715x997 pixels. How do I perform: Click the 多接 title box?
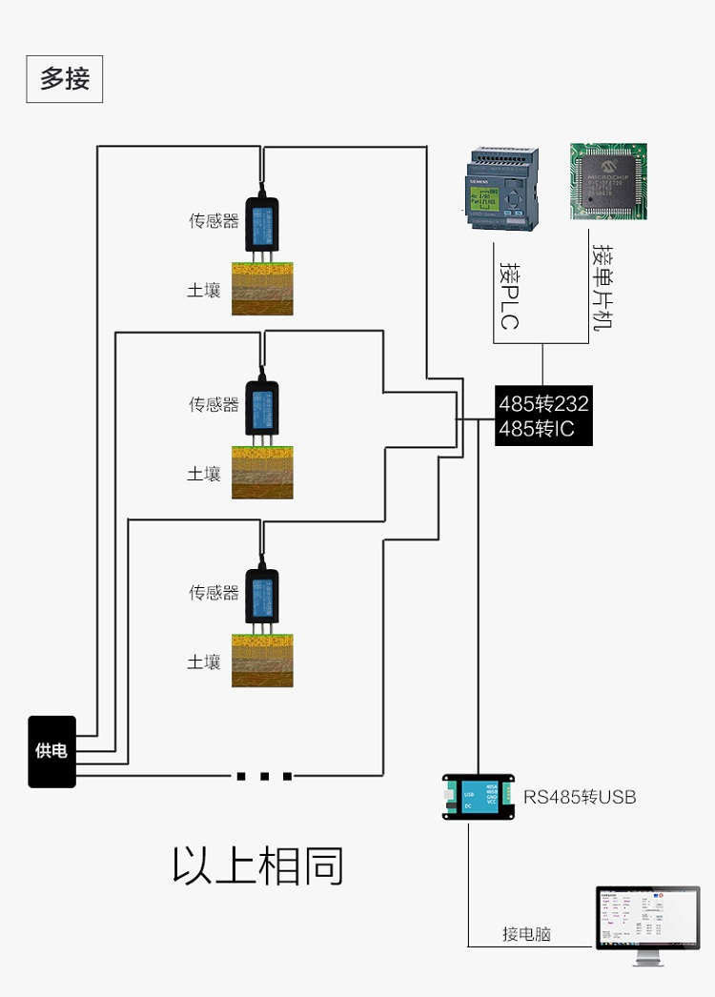click(64, 79)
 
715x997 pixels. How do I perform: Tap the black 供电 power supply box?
click(51, 751)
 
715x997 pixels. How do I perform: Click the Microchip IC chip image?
click(608, 181)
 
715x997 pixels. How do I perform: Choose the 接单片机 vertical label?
click(602, 286)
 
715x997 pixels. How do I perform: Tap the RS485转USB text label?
click(579, 797)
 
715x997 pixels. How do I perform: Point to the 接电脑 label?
click(526, 934)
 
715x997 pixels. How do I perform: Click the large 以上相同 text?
click(257, 865)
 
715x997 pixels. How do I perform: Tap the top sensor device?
click(262, 221)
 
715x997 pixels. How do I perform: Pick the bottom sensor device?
click(262, 594)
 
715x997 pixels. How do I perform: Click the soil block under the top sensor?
click(262, 288)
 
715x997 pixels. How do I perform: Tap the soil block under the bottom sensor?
click(262, 660)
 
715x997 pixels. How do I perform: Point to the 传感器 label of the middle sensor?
click(214, 405)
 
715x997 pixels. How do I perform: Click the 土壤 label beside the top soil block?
click(204, 290)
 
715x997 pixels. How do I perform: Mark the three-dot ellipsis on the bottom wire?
click(264, 776)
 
